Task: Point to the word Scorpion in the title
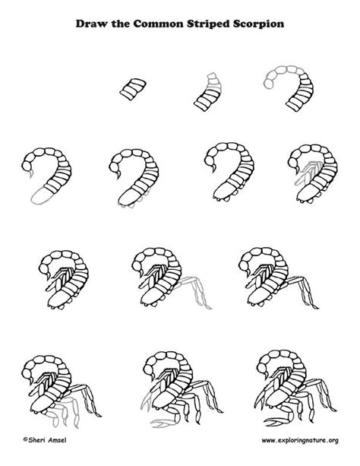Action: click(258, 24)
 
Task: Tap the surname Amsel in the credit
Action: click(57, 440)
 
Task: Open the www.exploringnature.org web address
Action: click(300, 440)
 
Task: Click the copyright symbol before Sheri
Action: click(26, 439)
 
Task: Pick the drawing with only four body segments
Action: click(133, 89)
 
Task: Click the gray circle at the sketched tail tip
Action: click(268, 84)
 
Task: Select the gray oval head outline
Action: click(42, 196)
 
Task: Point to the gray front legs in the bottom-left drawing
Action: click(64, 411)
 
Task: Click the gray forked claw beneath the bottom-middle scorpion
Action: click(163, 422)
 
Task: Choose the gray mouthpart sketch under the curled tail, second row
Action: click(305, 173)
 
